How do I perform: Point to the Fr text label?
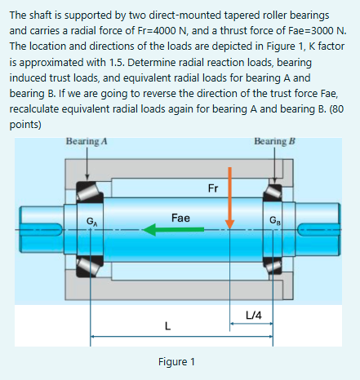coord(213,189)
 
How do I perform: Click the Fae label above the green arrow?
coord(181,218)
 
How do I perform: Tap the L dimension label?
coord(167,327)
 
